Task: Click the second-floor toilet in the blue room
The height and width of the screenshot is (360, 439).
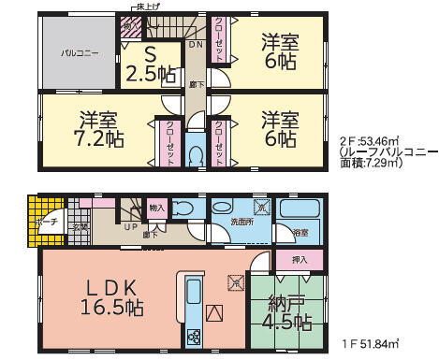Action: click(x=196, y=152)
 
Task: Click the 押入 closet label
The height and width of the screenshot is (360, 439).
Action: click(x=300, y=261)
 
